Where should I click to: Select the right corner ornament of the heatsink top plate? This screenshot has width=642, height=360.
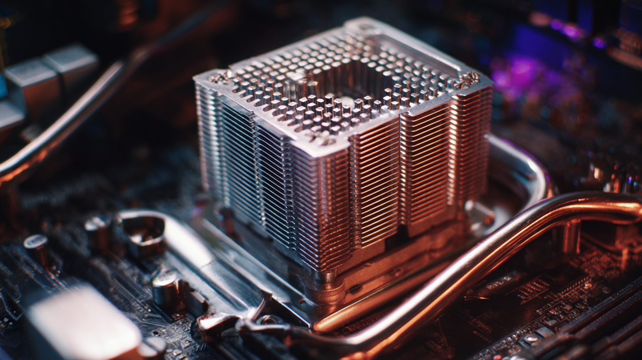pos(468,80)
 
